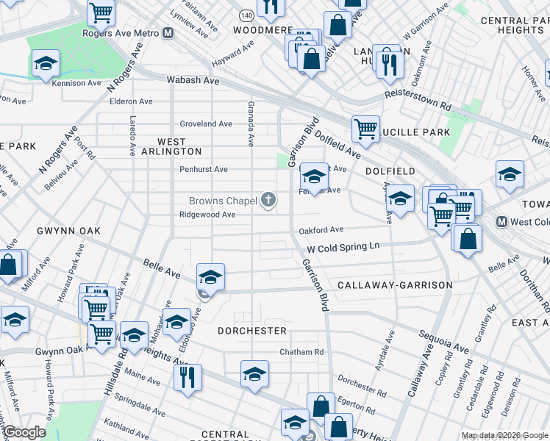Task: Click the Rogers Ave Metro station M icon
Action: coord(168,33)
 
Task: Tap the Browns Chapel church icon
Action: coord(269,200)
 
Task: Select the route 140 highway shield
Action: coord(246,15)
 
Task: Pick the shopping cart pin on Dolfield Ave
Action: coord(365,129)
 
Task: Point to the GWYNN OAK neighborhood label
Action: coord(68,231)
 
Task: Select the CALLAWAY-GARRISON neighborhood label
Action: coord(395,284)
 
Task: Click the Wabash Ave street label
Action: coord(193,79)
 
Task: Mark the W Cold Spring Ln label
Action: coord(343,248)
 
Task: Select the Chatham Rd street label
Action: coord(301,352)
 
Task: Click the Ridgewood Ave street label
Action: coord(207,215)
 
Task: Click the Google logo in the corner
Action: coord(24,432)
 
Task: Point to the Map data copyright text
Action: coord(504,435)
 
